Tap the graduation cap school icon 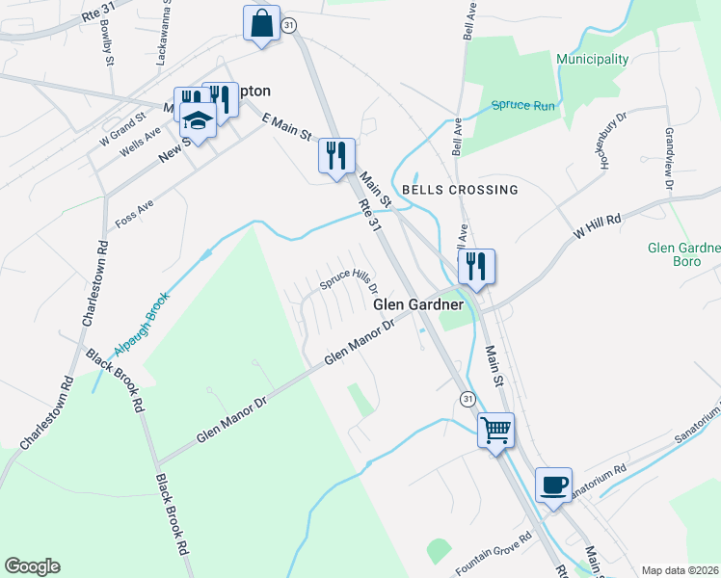[x=198, y=122]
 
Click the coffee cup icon [x=553, y=485]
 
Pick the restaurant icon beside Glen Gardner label [x=476, y=266]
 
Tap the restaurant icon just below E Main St [x=336, y=155]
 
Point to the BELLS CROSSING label [x=460, y=190]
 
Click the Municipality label [x=592, y=59]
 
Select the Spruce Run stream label [x=522, y=105]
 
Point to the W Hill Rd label [x=597, y=226]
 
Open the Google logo [x=32, y=566]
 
